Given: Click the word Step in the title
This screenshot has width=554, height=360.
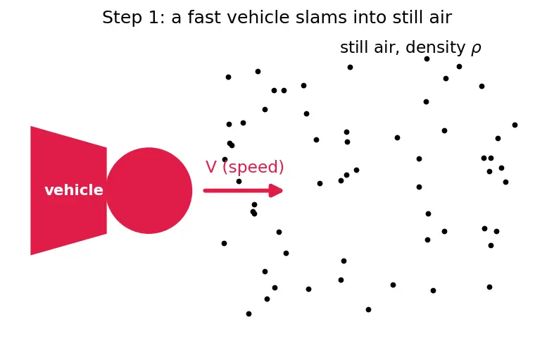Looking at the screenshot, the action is [122, 18].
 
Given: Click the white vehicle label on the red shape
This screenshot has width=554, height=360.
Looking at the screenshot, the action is [74, 190].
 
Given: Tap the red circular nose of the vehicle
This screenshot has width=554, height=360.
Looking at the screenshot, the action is [149, 191].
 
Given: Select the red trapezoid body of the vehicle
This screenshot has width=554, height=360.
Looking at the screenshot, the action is [68, 191].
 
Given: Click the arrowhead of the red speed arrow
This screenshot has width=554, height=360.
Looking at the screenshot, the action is [276, 191].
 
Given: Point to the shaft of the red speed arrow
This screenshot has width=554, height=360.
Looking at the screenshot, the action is [236, 191].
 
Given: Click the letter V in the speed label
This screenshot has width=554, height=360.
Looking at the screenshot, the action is [211, 167].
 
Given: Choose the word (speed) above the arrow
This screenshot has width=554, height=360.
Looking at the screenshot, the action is [253, 167].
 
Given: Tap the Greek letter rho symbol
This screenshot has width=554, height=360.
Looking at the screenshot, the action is [476, 49].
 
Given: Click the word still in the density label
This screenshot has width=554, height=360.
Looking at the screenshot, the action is [353, 47].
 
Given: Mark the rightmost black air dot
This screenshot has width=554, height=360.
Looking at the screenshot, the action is [515, 125].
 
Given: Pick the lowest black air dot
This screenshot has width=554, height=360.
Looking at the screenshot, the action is [248, 314].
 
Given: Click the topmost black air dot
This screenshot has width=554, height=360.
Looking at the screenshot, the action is [427, 58].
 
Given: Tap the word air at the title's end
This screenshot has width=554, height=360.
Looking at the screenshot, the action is [441, 18].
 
